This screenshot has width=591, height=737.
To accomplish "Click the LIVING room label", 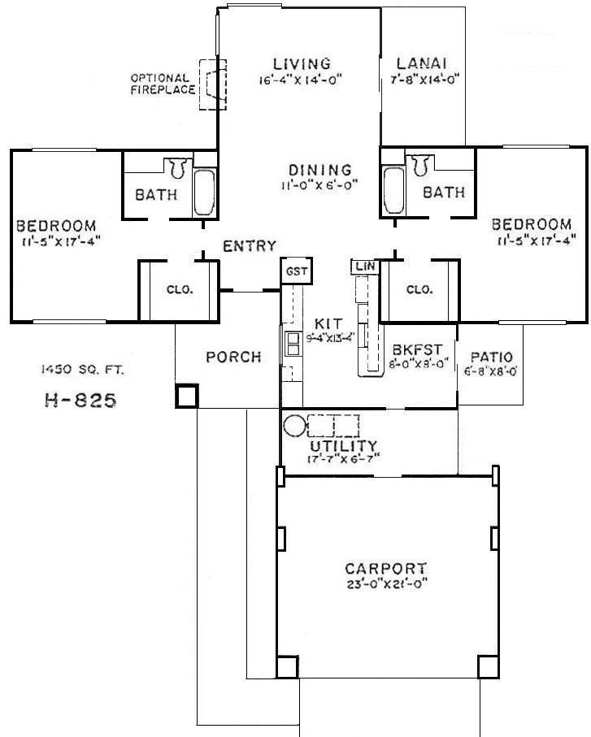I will click(x=302, y=63).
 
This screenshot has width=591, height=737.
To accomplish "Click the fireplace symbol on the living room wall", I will click(x=213, y=82).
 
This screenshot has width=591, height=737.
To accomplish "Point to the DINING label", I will click(x=319, y=170).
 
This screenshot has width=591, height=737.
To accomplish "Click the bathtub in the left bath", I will click(x=205, y=192).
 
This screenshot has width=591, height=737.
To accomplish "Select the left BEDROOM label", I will click(x=55, y=225).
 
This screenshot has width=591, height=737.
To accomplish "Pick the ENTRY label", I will click(x=250, y=246).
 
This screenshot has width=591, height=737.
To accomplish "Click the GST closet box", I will click(x=295, y=271).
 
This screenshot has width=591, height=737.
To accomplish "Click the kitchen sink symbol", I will click(x=293, y=345).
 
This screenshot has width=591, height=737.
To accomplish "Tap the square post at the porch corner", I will click(x=186, y=396).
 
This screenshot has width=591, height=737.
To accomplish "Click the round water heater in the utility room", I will click(x=294, y=425).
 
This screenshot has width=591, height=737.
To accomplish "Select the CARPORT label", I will click(x=385, y=569).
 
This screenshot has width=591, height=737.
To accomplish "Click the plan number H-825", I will click(x=78, y=400).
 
